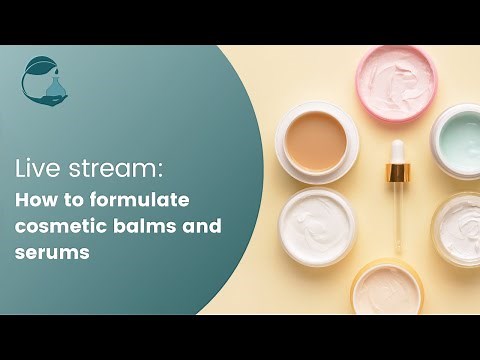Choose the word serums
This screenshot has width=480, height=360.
click(53, 254)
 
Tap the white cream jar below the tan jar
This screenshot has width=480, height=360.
click(317, 226)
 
